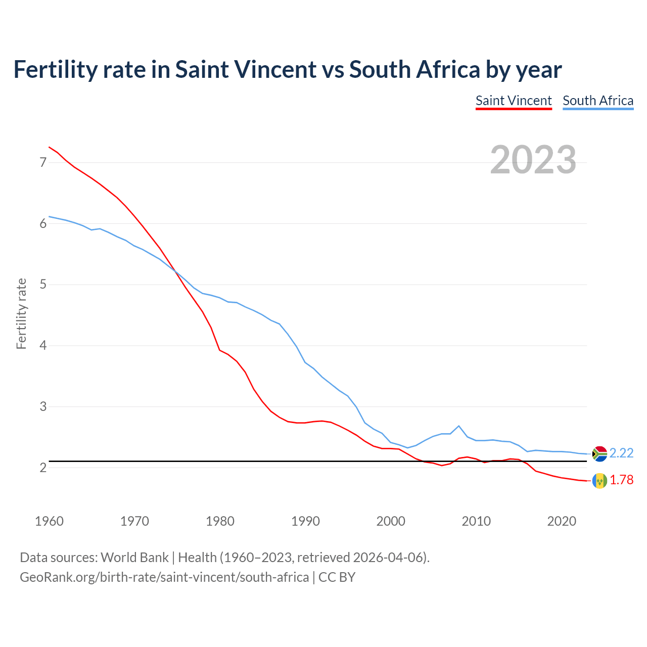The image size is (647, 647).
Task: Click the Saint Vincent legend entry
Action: tap(514, 101)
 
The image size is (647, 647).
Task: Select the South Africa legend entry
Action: tap(598, 101)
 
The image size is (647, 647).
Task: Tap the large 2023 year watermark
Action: tap(533, 160)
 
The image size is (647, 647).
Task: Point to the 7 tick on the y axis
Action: tap(43, 162)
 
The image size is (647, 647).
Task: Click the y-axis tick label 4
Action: tap(43, 346)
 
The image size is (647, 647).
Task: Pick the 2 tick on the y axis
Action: tap(43, 468)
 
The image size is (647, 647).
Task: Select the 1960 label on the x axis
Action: tap(49, 521)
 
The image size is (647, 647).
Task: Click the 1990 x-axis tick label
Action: tap(305, 521)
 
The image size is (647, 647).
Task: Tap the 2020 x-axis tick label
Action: tap(562, 521)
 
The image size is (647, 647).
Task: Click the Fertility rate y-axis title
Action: tap(21, 313)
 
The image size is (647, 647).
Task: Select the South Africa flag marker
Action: tap(599, 454)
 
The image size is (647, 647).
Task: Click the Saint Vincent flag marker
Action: tap(599, 481)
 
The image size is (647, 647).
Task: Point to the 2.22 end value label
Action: tap(621, 453)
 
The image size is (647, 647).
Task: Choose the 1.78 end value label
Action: tap(621, 480)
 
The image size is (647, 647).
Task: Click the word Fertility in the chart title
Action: tap(55, 70)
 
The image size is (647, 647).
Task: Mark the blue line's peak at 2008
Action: tap(458, 426)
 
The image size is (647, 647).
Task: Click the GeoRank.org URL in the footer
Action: tap(164, 577)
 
